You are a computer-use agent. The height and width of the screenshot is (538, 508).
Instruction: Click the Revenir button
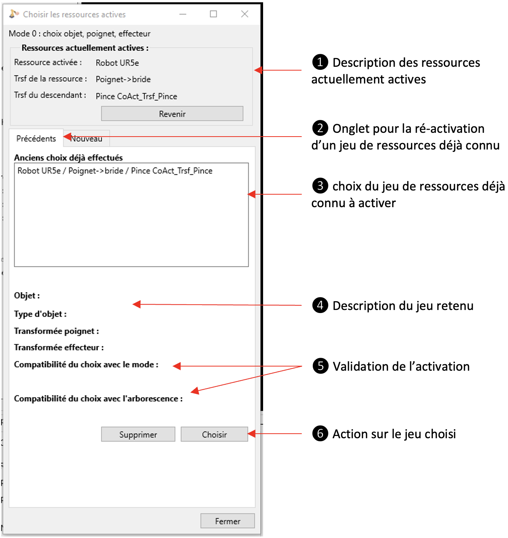coord(172,114)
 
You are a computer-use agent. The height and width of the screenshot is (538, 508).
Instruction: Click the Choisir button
coord(214,434)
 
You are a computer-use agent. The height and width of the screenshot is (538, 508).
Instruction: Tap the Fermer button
coord(227,521)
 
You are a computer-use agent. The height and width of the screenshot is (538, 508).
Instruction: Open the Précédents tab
coord(36,138)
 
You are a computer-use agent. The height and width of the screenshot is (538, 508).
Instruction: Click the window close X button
coord(245,14)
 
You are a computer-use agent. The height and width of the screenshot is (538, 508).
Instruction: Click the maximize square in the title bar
coord(213,14)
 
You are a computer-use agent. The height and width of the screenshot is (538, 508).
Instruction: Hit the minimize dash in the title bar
coord(183,14)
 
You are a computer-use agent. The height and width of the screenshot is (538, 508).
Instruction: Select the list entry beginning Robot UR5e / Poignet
coord(115,171)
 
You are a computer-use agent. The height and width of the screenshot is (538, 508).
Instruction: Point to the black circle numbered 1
coord(320,62)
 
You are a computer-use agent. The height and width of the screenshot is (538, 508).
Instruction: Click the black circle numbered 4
coord(320,305)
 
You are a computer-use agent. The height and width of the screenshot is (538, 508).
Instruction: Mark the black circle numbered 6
coord(320,433)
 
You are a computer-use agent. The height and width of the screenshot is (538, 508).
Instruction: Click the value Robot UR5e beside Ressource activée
coord(117,63)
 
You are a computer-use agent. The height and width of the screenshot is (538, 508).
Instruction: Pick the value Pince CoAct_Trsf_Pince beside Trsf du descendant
coord(136,96)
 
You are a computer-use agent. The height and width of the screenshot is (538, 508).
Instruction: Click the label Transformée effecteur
coord(59,348)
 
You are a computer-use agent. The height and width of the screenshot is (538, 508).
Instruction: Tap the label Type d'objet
coord(40,314)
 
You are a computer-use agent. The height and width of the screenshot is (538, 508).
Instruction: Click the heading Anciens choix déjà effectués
coord(68,157)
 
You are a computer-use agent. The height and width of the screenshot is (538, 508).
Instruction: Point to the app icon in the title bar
coord(14,14)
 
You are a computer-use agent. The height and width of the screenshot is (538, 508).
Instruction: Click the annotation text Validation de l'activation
coord(401,367)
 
